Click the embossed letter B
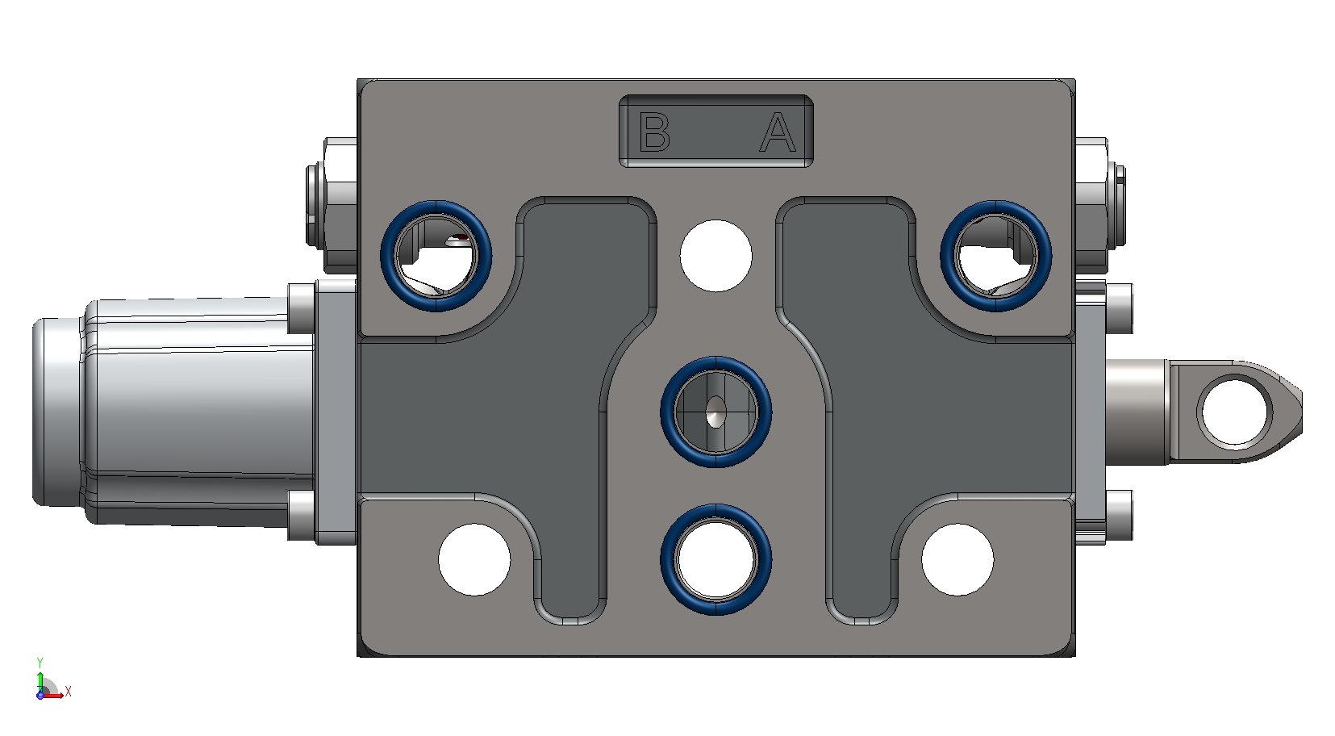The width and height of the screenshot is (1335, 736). click(x=654, y=132)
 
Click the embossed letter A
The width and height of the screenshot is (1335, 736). click(x=778, y=132)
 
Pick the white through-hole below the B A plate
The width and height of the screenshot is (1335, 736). click(x=715, y=256)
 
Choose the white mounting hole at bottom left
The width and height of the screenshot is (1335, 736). click(x=474, y=559)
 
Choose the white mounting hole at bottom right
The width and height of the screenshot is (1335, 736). click(x=957, y=559)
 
